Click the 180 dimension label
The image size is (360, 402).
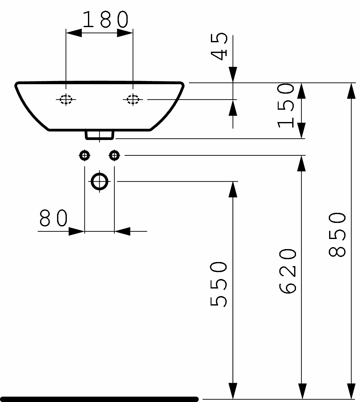pos(106,20)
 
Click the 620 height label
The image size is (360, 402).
pos(287,271)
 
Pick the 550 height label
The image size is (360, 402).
pos(218,284)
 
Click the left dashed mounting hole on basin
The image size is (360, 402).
pos(66,99)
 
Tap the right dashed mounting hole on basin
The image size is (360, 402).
pos(133,99)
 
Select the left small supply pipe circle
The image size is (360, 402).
pos(84,155)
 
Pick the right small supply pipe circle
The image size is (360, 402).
pos(114,155)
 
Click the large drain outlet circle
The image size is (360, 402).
pos(100,182)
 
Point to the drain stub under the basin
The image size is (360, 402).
pos(99,135)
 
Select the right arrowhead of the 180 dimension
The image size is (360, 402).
pos(125,33)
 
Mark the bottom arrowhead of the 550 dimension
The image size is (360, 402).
pos(233,391)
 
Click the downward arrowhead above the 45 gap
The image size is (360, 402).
pos(233,75)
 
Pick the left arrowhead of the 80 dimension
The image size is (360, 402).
pos(76,231)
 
